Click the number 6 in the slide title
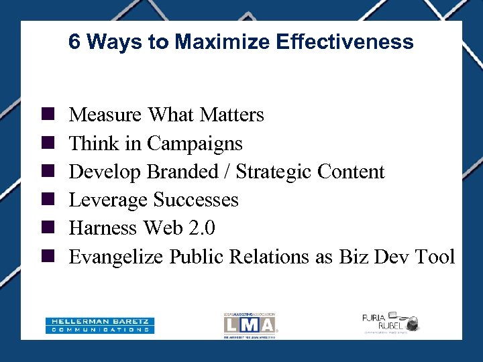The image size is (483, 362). tap(74, 42)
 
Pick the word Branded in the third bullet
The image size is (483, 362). tap(182, 172)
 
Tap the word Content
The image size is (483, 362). tap(351, 172)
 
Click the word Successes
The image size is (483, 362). tap(196, 200)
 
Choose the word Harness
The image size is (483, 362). tap(103, 228)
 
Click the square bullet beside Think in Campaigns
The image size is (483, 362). tap(48, 143)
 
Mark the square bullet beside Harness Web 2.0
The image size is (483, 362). tap(48, 228)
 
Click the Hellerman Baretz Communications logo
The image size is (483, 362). tap(100, 325)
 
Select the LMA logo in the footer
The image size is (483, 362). tap(250, 325)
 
